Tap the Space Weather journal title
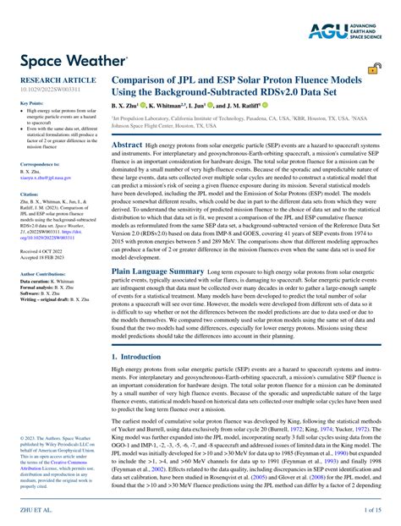[x=69, y=63]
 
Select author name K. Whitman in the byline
[x=173, y=107]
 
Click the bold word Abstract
[x=127, y=145]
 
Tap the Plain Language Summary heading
[x=158, y=271]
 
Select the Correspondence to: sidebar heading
[x=39, y=164]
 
